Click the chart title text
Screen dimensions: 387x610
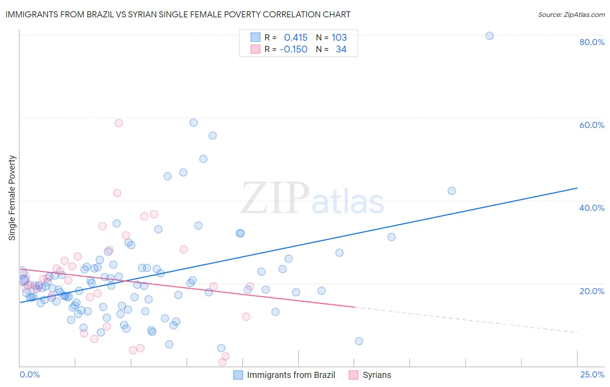tap(178, 14)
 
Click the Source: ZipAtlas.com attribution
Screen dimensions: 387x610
tap(571, 15)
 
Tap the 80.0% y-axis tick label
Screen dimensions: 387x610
tap(592, 42)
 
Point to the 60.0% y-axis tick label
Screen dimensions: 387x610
tap(592, 125)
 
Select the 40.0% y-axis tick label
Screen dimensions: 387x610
tap(592, 208)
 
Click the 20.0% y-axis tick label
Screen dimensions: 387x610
tap(592, 291)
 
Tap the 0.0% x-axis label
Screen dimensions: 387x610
tap(30, 374)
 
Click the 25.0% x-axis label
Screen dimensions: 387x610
tap(592, 374)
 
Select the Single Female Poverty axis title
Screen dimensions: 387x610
tap(12, 198)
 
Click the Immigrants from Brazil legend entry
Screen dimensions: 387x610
tap(291, 375)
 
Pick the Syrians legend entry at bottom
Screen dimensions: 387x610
tap(377, 375)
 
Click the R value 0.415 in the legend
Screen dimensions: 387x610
tap(295, 38)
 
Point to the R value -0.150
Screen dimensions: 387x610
tap(293, 49)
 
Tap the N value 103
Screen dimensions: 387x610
tap(339, 38)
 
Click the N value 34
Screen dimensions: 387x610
tap(341, 49)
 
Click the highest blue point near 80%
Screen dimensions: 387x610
tap(489, 36)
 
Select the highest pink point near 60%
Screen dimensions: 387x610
tap(118, 123)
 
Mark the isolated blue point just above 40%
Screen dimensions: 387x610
tap(452, 191)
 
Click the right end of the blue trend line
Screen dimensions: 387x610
tap(577, 188)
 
